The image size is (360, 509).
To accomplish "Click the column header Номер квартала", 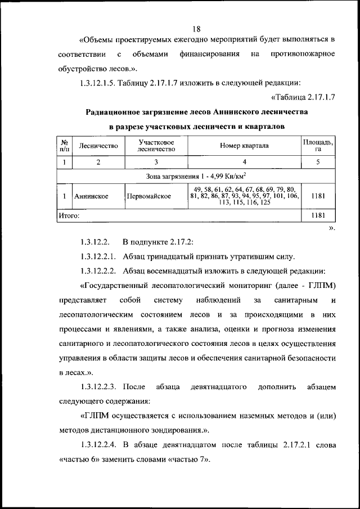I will click(244, 146).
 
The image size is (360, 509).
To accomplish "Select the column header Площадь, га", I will click(318, 146).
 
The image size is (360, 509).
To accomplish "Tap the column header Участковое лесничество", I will click(156, 146).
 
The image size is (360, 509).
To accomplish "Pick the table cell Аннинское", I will click(91, 196).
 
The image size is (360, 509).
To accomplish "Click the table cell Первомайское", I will click(148, 196).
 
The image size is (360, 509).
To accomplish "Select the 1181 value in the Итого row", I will click(318, 215).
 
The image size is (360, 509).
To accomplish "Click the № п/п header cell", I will click(65, 146).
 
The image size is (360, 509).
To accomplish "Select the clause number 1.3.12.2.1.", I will click(98, 257).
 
